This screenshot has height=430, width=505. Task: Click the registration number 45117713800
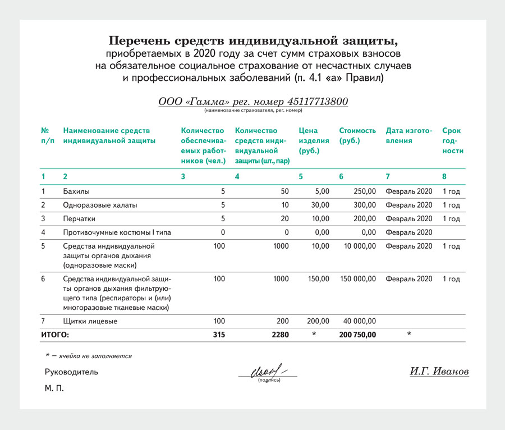(318, 102)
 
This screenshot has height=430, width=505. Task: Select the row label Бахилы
(76, 191)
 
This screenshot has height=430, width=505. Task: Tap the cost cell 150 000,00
(358, 278)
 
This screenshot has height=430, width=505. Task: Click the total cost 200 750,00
(357, 335)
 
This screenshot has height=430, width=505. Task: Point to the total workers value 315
(218, 335)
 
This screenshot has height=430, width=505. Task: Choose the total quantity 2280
(279, 335)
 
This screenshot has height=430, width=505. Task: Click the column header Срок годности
(452, 140)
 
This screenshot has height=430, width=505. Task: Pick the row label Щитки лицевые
(90, 321)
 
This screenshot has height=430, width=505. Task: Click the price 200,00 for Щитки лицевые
(318, 321)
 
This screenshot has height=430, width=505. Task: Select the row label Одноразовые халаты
(100, 205)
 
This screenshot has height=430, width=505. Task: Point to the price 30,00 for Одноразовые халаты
(320, 205)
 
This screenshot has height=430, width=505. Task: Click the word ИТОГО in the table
(55, 335)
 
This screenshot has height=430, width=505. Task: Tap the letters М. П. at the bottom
(54, 388)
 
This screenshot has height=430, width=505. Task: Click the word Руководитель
(71, 372)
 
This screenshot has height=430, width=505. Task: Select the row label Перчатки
(79, 218)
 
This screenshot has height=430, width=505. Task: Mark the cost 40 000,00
(360, 321)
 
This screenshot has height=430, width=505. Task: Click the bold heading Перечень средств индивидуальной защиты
(252, 41)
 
